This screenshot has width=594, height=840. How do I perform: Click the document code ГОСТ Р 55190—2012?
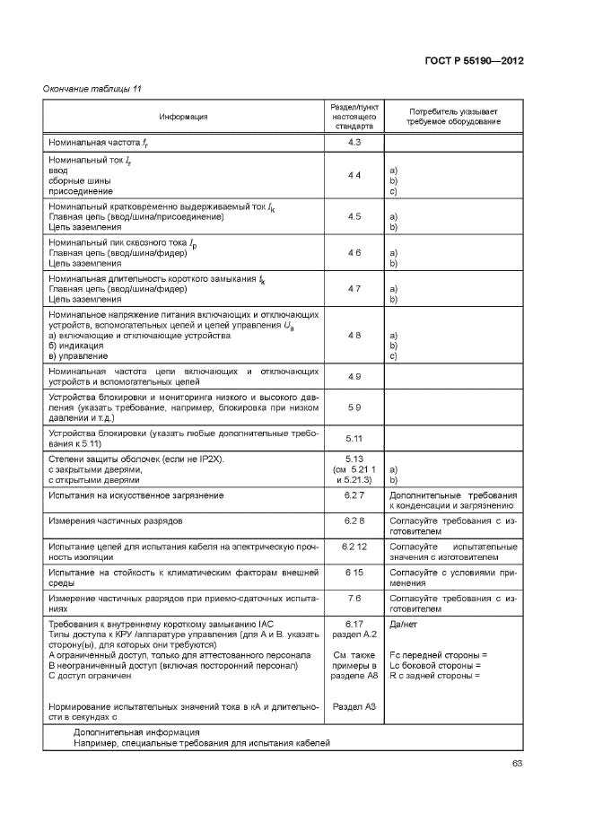(x=473, y=61)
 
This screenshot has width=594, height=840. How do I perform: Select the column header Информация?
(x=184, y=117)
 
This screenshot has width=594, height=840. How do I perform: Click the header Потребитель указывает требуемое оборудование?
(x=453, y=117)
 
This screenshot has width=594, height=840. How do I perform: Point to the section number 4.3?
(x=354, y=143)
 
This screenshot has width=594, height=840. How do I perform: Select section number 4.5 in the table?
(x=354, y=216)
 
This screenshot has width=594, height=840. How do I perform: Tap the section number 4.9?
(x=354, y=376)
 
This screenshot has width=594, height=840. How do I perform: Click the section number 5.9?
(x=354, y=407)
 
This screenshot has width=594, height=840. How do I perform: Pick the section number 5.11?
(x=354, y=438)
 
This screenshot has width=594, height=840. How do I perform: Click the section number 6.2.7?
(x=354, y=494)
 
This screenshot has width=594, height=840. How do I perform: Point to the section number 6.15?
(x=354, y=572)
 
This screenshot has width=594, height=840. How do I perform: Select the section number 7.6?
(x=354, y=597)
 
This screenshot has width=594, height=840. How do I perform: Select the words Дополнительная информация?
(x=136, y=732)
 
